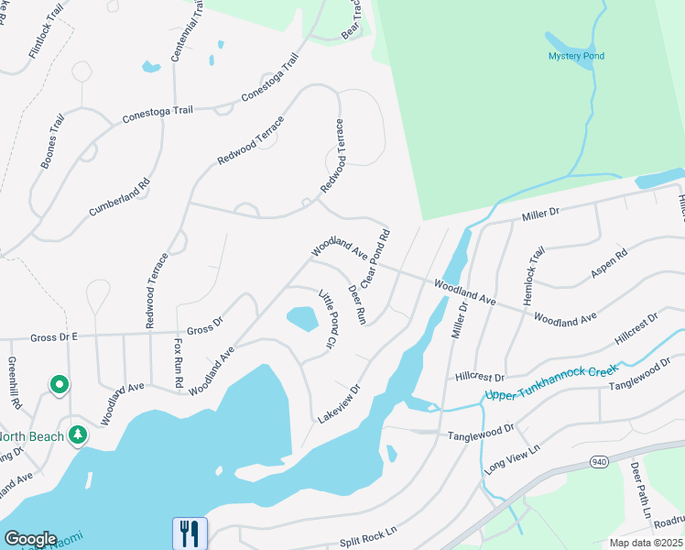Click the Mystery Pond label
[x=576, y=56]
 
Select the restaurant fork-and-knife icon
[x=190, y=532]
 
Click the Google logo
[x=30, y=539]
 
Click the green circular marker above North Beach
[x=60, y=385]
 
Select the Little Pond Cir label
[x=328, y=319]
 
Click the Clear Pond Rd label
[x=376, y=258]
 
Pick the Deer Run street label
[x=357, y=304]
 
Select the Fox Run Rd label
[x=179, y=362]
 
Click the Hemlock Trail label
[x=534, y=275]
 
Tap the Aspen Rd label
[x=609, y=263]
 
